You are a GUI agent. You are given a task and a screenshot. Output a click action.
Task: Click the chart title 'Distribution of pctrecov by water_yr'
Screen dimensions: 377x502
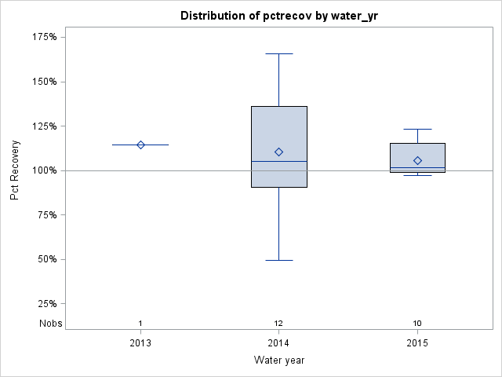(278, 16)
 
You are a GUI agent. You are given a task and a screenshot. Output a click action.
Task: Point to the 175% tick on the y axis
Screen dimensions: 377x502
(44, 37)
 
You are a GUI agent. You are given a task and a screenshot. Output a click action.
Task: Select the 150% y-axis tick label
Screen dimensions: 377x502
(44, 82)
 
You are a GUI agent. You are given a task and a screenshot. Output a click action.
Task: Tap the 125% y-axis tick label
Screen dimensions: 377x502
(44, 126)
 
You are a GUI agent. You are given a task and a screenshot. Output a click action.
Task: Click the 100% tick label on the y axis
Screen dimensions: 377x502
(44, 170)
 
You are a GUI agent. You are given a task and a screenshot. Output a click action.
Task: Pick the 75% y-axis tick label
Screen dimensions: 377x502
(46, 215)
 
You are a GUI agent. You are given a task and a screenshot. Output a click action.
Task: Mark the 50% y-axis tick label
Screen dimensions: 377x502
(46, 259)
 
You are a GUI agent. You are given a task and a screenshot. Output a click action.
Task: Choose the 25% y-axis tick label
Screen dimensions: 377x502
(46, 304)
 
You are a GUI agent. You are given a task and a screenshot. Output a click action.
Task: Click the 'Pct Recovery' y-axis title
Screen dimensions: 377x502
(15, 170)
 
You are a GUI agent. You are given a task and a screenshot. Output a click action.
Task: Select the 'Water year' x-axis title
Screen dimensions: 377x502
(278, 361)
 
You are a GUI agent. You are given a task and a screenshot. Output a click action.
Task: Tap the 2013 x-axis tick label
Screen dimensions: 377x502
(140, 343)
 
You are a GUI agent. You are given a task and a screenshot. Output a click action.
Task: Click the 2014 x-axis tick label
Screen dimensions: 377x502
(278, 343)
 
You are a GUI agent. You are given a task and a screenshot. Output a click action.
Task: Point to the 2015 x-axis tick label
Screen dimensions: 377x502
(417, 343)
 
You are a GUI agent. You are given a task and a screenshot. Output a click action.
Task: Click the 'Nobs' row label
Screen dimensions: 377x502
(49, 324)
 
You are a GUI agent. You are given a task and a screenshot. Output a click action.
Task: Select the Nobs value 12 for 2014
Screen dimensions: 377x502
(278, 324)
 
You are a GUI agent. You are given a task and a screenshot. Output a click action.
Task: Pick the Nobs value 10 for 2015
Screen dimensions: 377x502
(417, 324)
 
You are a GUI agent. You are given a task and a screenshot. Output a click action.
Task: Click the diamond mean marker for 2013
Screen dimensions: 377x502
(140, 145)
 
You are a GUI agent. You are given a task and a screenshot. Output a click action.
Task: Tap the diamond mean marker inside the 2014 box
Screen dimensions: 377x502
(278, 152)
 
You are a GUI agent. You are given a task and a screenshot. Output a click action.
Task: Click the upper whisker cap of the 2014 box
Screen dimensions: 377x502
(278, 53)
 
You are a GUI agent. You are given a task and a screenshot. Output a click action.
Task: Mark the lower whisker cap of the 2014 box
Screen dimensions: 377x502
(278, 260)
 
